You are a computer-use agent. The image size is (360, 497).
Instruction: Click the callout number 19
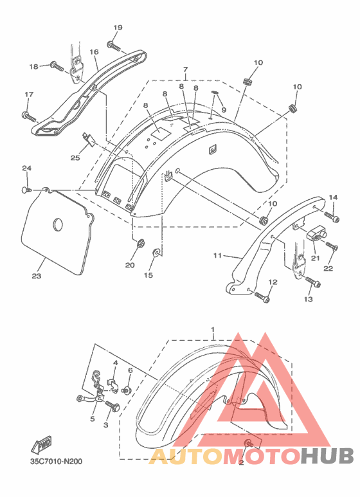[118, 28]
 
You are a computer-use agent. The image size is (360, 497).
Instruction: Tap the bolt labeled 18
[57, 67]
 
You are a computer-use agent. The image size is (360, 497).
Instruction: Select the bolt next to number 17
[28, 116]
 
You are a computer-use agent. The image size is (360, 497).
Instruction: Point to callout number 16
[94, 51]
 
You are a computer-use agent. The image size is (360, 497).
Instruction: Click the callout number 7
[185, 69]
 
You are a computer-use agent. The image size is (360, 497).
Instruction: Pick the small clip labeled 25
[89, 138]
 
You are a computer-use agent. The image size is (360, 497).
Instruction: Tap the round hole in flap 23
[57, 225]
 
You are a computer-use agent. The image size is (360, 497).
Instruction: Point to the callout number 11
[217, 255]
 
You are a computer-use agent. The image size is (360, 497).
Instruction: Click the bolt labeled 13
[313, 282]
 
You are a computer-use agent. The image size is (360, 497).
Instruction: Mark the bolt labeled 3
[113, 406]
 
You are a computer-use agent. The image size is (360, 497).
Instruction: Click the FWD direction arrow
[41, 444]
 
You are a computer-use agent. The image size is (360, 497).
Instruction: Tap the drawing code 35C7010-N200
[56, 462]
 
